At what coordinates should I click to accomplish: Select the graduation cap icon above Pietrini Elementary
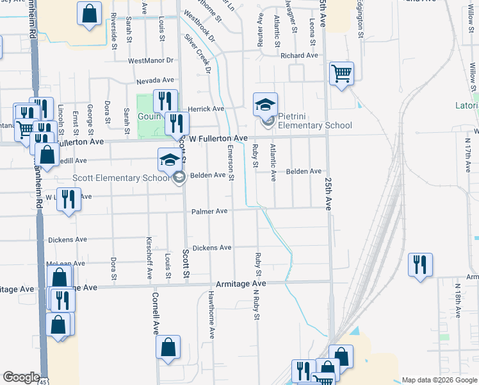coord(265,104)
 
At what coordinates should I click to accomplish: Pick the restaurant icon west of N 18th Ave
coord(420,264)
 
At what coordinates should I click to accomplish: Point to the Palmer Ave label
coord(209,211)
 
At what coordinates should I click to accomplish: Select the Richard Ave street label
coord(299,56)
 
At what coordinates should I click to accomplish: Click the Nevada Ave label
coord(155,81)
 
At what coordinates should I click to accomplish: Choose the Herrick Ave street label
coord(206,109)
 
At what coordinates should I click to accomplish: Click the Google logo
coord(21,378)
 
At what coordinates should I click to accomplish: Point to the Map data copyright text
coord(439,380)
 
